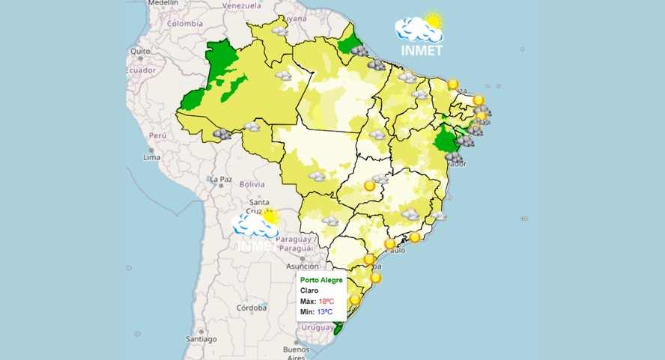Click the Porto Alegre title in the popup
pyautogui.click(x=321, y=281)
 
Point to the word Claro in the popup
pyautogui.click(x=309, y=290)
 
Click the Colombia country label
pyautogui.click(x=185, y=23)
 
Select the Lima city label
pyautogui.click(x=152, y=157)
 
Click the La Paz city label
pyautogui.click(x=221, y=180)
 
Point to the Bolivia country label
pyautogui.click(x=252, y=184)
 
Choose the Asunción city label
pyautogui.click(x=303, y=266)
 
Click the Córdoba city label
pyautogui.click(x=252, y=308)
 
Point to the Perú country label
pyautogui.click(x=157, y=135)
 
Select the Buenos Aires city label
pyautogui.click(x=296, y=353)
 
